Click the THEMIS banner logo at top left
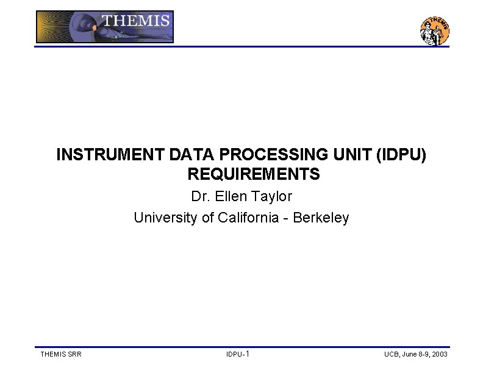pyautogui.click(x=104, y=27)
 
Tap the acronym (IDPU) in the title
pyautogui.click(x=401, y=155)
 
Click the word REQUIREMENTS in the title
pyautogui.click(x=253, y=174)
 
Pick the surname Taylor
pyautogui.click(x=271, y=197)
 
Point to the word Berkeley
pyautogui.click(x=321, y=218)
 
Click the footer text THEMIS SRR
pyautogui.click(x=60, y=354)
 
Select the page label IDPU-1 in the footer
pyautogui.click(x=237, y=354)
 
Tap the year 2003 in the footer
pyautogui.click(x=439, y=354)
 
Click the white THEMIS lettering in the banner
pyautogui.click(x=135, y=21)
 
